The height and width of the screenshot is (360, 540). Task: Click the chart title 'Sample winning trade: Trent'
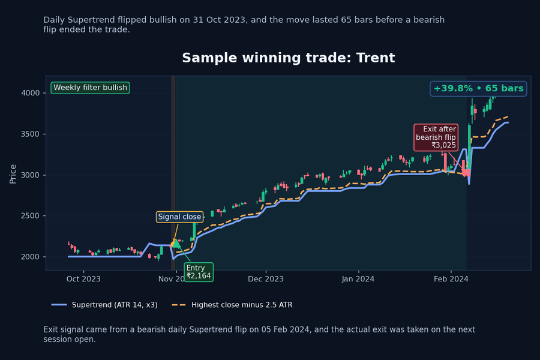288,58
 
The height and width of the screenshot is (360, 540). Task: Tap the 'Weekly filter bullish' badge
90,88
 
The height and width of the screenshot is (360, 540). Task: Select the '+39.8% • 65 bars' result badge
478,88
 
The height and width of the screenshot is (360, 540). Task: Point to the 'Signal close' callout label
179,217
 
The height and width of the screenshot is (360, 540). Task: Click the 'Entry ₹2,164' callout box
199,272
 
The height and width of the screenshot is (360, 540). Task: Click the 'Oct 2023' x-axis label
83,279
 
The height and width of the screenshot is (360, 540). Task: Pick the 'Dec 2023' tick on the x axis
266,279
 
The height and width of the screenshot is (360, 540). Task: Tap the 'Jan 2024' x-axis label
358,279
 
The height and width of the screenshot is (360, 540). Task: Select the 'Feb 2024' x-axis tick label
451,279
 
